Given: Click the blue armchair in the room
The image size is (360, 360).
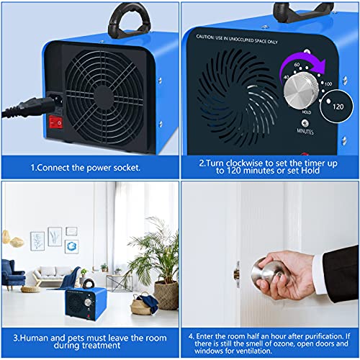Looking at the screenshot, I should click(13, 276).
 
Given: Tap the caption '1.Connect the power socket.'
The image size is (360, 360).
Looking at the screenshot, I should click(89, 167).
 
